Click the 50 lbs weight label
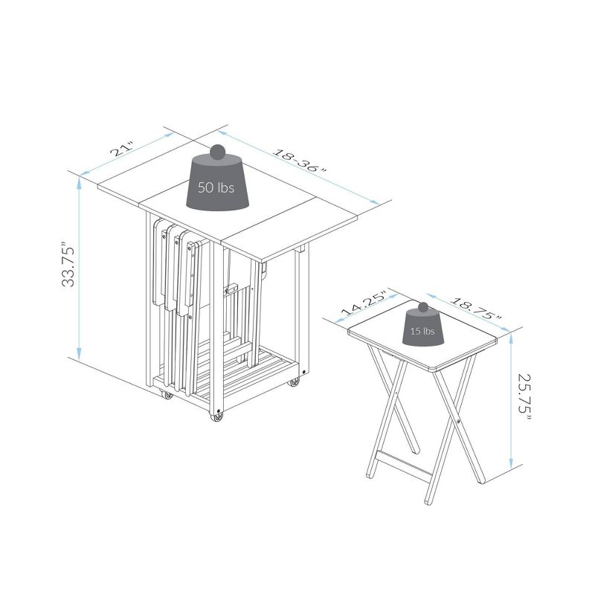(x=216, y=188)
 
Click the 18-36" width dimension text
(x=298, y=161)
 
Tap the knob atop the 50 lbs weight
(x=217, y=152)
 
